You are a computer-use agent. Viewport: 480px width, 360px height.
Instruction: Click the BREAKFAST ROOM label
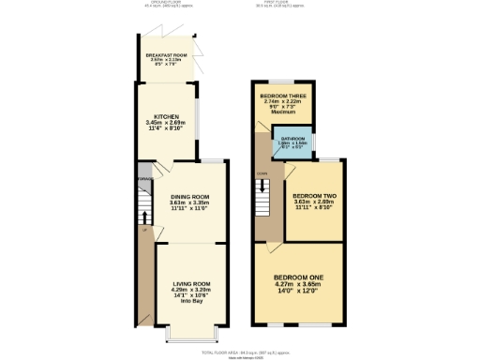(167, 55)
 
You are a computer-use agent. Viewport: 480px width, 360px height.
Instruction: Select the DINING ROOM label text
(189, 195)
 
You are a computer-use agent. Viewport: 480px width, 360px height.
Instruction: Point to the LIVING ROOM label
(189, 283)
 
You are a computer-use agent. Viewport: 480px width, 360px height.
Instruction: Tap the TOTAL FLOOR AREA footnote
(242, 349)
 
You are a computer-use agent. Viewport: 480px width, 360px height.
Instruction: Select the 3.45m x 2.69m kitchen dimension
(166, 123)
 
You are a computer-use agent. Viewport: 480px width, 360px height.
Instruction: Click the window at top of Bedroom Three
(283, 84)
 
